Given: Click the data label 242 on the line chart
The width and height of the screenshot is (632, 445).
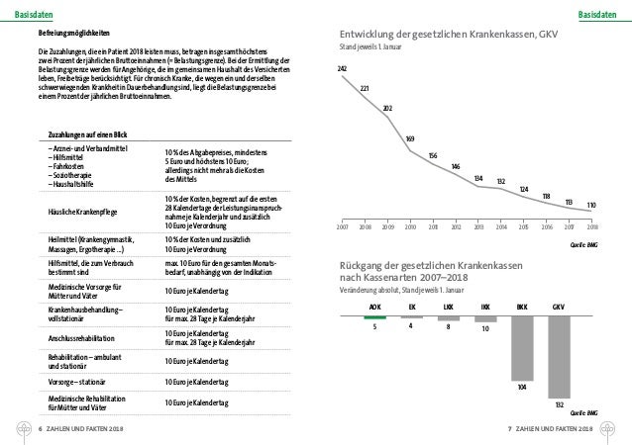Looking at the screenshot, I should (342, 67).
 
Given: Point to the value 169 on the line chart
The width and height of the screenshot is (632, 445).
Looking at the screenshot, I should (410, 137).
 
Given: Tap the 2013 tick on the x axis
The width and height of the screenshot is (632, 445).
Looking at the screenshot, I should (477, 226).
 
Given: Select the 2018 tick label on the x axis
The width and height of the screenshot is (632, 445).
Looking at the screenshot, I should (591, 226).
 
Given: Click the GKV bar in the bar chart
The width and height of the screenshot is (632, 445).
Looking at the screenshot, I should (560, 355).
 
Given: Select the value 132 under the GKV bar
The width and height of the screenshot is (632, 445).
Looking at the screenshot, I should (559, 404).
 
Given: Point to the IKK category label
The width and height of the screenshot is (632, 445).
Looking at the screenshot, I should (484, 308).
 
